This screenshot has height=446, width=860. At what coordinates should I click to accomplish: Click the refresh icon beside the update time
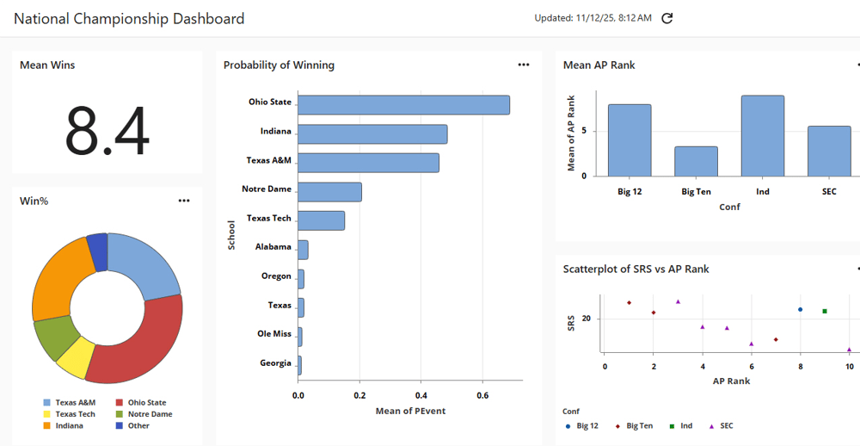click(x=667, y=18)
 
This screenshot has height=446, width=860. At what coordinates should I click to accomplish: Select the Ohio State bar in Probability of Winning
click(x=403, y=105)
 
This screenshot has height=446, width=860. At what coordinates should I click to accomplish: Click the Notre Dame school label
click(x=267, y=189)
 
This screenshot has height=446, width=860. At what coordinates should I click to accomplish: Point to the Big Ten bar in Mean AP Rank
click(x=696, y=161)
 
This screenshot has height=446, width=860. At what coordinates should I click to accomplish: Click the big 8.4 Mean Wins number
click(x=107, y=129)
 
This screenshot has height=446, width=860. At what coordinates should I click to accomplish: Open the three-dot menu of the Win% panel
click(x=184, y=201)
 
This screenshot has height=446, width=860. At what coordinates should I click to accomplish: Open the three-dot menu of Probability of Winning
click(x=524, y=65)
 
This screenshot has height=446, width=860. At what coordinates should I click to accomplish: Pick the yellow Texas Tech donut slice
click(x=75, y=356)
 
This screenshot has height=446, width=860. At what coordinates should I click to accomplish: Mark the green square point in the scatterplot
click(x=825, y=311)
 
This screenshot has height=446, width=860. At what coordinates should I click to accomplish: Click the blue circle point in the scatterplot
click(x=801, y=309)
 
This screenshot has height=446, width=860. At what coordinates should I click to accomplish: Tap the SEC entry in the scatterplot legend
click(x=725, y=425)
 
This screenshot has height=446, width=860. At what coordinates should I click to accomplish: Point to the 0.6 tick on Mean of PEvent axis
click(x=482, y=395)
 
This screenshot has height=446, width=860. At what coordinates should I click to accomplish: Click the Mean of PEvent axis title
click(x=411, y=411)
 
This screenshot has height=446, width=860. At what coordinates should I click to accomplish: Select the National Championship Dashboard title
click(x=129, y=18)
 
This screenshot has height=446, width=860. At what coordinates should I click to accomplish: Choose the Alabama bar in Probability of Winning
click(x=303, y=250)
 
